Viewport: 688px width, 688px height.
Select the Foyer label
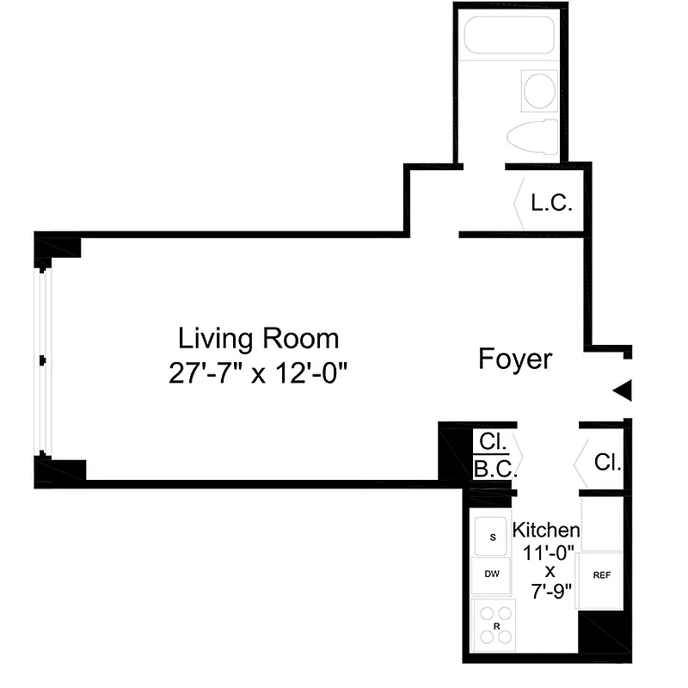coord(515,359)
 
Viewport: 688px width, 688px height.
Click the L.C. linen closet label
coord(551,204)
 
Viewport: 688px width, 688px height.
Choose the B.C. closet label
coord(494,470)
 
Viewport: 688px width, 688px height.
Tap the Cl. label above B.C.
coord(493,443)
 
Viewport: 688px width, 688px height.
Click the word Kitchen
coord(545,530)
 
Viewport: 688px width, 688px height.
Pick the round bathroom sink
coord(540,90)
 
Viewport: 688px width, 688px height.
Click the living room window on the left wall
coord(42,361)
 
